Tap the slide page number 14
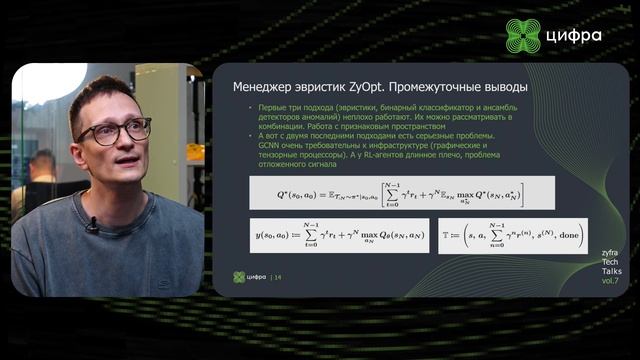coord(278,277)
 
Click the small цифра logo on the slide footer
coord(250,277)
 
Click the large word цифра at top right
coord(575,37)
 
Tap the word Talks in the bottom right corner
coord(610,270)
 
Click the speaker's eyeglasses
coord(113,132)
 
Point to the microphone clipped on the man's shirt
coord(92,225)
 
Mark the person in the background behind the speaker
coord(40,170)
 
